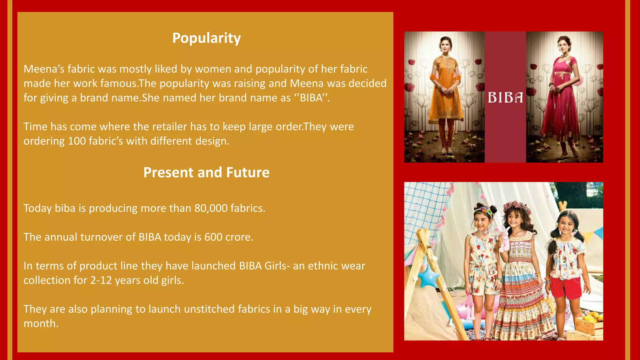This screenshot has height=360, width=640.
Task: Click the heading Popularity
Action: [206, 38]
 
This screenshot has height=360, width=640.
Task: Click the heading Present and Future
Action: [206, 172]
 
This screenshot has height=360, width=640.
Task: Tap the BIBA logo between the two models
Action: [505, 98]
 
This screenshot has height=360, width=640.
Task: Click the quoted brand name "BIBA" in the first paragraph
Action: [311, 98]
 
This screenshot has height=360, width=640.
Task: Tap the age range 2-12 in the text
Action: [101, 280]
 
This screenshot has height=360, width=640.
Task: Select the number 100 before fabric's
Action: [77, 141]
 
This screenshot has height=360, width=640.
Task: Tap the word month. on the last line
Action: [41, 323]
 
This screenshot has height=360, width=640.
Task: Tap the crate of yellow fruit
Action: [589, 325]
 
